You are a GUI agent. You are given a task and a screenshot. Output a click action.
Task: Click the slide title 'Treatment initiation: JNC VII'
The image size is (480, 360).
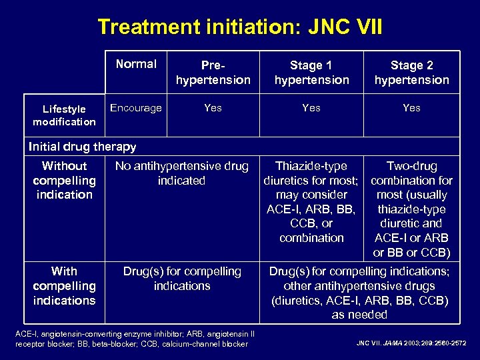[240, 27]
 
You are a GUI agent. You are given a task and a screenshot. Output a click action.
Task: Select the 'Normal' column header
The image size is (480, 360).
[136, 64]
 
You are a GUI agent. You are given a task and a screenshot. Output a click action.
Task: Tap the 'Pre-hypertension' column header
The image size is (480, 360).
[213, 73]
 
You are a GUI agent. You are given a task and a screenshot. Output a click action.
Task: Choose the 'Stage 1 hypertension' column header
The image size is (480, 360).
[311, 73]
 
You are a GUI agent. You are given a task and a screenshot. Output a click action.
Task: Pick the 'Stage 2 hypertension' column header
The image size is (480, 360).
[411, 73]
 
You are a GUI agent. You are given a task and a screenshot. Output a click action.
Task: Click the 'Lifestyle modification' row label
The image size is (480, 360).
[64, 115]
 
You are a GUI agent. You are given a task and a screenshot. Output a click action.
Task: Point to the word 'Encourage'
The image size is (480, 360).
[136, 108]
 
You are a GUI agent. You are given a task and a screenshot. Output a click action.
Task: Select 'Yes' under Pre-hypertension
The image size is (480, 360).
[213, 108]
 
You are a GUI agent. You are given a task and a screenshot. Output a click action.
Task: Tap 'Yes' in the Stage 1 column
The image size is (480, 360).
[311, 108]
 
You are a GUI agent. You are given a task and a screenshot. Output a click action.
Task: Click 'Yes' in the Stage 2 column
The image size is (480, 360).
[411, 108]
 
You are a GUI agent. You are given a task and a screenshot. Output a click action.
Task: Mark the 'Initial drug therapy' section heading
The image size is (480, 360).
[83, 147]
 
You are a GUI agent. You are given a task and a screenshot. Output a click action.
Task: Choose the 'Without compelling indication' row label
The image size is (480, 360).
[64, 180]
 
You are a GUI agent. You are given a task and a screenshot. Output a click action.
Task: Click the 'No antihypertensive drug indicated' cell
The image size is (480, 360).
[182, 173]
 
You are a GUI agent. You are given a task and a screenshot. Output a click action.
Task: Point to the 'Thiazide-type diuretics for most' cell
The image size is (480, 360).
[311, 201]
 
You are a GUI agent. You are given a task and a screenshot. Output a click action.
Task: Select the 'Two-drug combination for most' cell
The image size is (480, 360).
[411, 209]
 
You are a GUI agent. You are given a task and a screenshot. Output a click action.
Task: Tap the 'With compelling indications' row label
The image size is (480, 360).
[64, 285]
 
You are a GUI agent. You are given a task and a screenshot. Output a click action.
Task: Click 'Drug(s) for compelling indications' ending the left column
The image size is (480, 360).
[182, 279]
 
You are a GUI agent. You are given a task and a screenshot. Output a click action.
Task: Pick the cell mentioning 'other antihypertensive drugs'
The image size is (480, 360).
[359, 293]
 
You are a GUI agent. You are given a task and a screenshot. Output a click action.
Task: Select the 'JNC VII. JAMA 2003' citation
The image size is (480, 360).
[411, 343]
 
